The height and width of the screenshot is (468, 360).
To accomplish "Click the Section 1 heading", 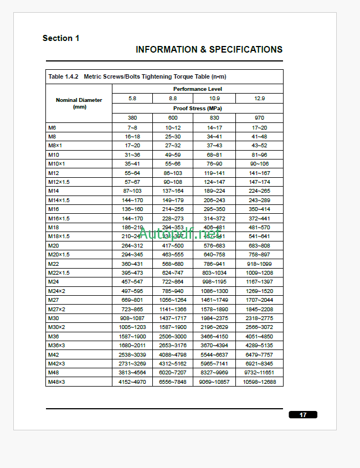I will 61,38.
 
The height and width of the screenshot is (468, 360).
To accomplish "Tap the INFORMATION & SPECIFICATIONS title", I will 209,49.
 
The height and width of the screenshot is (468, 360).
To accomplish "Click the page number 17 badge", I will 303,415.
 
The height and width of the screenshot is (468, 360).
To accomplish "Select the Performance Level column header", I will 198,89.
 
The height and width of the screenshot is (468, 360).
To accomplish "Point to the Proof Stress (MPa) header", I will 198,109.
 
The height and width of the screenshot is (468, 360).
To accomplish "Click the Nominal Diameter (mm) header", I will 79,103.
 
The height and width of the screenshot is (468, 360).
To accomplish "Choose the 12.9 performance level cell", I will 259,98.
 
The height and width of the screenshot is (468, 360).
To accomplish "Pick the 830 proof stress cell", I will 214,117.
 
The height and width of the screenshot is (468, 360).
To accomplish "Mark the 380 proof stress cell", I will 132,117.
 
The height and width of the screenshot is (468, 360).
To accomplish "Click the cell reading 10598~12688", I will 259,382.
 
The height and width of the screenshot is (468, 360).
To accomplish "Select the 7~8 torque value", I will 132,127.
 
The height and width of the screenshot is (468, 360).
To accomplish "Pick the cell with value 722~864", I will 173,281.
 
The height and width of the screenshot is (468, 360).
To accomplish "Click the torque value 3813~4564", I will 132,373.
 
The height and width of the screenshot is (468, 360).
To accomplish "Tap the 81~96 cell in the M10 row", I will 259,155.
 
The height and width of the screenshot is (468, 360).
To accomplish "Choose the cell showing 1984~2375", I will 214,318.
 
